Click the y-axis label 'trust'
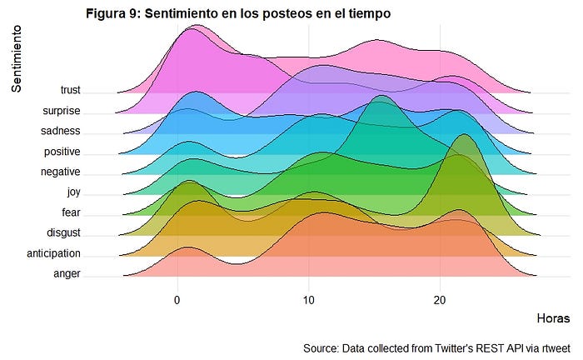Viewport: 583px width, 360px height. (70, 90)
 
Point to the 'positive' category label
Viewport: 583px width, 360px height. (62, 151)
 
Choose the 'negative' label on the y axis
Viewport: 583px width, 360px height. (60, 172)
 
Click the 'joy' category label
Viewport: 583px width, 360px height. (73, 192)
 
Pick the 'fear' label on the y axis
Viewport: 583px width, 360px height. (71, 212)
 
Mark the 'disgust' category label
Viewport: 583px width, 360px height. (63, 232)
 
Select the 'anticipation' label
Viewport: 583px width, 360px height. (53, 253)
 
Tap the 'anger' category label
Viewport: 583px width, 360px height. (67, 273)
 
